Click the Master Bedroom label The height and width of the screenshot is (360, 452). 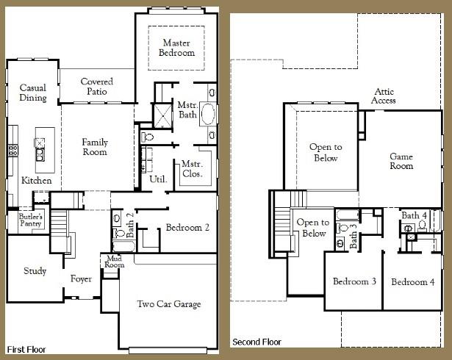(178, 48)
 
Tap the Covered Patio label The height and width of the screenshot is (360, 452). (96, 87)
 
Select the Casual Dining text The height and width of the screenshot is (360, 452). (33, 93)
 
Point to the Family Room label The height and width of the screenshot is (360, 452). (95, 147)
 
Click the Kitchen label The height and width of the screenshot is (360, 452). (36, 180)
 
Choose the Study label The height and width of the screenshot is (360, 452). (35, 271)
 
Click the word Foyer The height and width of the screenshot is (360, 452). (81, 279)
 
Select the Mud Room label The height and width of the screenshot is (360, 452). (113, 262)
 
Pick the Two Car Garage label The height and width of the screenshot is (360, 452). (169, 304)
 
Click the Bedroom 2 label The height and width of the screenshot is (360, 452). (187, 228)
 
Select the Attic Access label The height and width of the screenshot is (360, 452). (384, 96)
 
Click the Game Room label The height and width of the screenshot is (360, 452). (401, 161)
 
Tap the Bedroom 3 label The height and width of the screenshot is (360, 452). (354, 282)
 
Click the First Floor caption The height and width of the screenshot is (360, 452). (26, 349)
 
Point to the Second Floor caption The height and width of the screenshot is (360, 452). (257, 342)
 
